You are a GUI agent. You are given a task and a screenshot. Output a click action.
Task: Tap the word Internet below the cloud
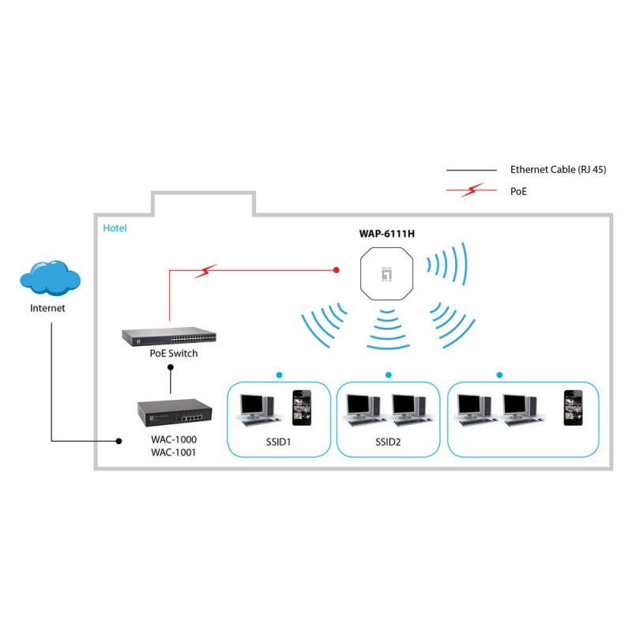(x=47, y=308)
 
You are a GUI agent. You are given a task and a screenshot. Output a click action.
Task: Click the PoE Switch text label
(x=174, y=353)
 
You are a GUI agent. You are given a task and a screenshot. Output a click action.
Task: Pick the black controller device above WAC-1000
(x=174, y=410)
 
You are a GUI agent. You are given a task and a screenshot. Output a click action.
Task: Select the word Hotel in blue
(x=115, y=228)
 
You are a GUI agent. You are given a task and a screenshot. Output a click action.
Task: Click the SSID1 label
(x=278, y=442)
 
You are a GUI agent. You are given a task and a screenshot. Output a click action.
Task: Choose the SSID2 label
(x=388, y=442)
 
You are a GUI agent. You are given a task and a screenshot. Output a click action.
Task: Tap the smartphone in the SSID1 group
(x=300, y=406)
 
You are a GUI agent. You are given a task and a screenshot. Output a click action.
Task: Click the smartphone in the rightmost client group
(x=572, y=407)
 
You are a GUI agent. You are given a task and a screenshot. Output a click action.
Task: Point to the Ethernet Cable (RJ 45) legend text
(x=558, y=170)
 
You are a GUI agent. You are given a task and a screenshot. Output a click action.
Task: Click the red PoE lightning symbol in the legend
(x=472, y=190)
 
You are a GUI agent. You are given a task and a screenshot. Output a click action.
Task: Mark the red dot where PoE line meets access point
(x=337, y=270)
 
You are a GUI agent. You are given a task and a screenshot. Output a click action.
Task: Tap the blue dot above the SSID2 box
(x=388, y=374)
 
